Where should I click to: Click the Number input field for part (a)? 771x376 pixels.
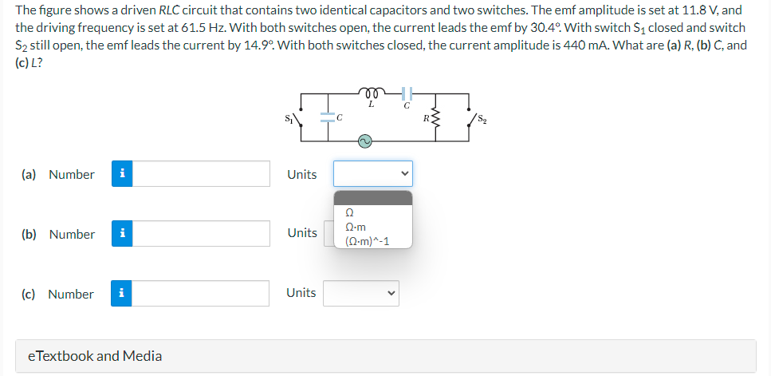(203, 174)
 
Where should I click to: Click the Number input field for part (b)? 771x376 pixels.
(203, 234)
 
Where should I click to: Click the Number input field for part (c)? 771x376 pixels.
(203, 294)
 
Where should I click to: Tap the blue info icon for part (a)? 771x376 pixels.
(121, 174)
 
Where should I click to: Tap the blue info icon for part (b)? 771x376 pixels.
(121, 234)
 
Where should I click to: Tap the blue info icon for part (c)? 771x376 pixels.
(121, 294)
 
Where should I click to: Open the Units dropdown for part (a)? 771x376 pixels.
(372, 174)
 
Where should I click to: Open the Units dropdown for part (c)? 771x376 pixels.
(360, 293)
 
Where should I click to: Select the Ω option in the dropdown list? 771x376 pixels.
(349, 213)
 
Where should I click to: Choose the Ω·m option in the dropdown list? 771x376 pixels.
(355, 227)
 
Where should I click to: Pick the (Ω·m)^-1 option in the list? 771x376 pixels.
(366, 240)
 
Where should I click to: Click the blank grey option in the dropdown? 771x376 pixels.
(372, 198)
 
